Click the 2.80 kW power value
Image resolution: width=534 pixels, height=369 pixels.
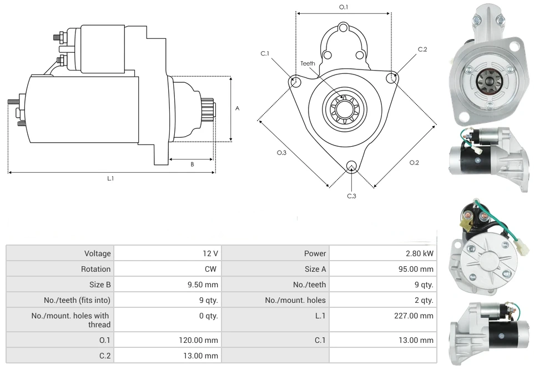click(420, 253)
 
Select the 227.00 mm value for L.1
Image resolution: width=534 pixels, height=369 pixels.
click(419, 316)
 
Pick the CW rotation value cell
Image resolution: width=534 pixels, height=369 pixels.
click(211, 269)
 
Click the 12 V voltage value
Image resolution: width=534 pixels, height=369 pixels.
click(210, 253)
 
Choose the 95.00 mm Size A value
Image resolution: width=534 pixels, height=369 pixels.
click(419, 269)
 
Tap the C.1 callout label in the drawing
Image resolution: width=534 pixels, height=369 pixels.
click(265, 54)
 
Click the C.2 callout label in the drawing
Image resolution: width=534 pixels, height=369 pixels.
click(422, 49)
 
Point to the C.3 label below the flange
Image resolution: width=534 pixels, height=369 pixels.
click(351, 196)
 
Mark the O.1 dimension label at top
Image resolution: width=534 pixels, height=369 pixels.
click(344, 7)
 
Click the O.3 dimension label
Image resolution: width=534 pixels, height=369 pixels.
click(281, 153)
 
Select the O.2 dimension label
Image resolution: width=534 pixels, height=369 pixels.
click(414, 162)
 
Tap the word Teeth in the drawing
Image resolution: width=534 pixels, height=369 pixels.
click(308, 63)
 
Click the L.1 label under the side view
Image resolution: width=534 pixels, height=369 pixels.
click(110, 178)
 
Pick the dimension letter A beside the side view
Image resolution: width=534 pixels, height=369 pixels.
click(237, 108)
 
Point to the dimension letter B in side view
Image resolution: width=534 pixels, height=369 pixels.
click(192, 164)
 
